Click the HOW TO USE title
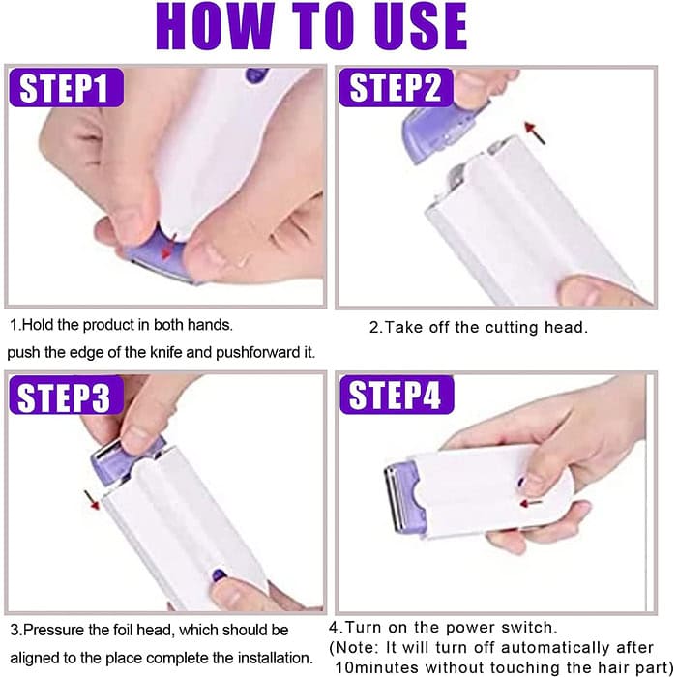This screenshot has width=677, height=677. tap(311, 26)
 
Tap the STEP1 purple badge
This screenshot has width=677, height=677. tap(66, 87)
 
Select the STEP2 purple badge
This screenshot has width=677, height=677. tap(396, 87)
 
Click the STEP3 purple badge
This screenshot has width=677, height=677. tap(66, 395)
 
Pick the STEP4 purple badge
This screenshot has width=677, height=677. tap(397, 395)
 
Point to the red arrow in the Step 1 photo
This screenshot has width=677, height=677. tap(168, 247)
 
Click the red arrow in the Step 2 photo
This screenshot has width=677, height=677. tap(535, 132)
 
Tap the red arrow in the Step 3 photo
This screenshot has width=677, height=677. tap(92, 500)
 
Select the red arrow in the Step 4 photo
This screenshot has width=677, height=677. tap(531, 503)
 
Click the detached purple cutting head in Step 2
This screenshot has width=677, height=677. tap(440, 132)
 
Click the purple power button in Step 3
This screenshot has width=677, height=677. tap(220, 574)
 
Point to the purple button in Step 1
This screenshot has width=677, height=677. tap(256, 75)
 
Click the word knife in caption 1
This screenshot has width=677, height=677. tap(165, 352)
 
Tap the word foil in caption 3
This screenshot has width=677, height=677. tap(123, 630)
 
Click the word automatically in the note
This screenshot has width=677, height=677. tap(560, 648)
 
